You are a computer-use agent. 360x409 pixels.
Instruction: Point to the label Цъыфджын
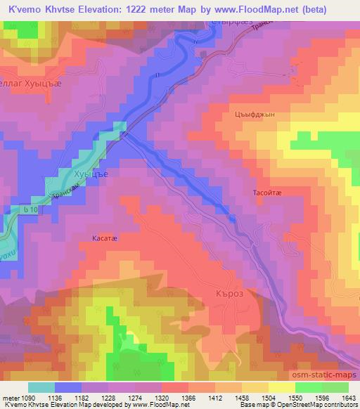click(x=249, y=115)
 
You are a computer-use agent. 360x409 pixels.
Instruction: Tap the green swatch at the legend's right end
click(x=335, y=387)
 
